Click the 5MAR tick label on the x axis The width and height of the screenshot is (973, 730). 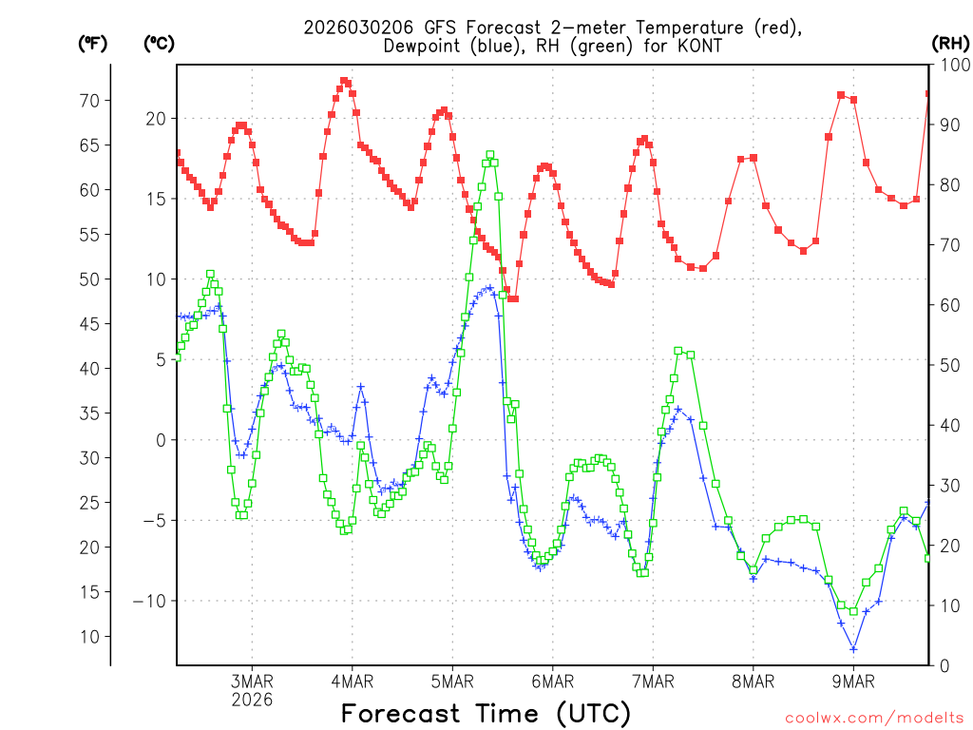(452, 681)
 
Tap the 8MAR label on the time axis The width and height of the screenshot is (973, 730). (754, 681)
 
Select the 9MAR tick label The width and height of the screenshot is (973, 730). (853, 681)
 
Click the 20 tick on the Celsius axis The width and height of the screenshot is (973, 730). (155, 118)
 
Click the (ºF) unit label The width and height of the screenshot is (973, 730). (92, 43)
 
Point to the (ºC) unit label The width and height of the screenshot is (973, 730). (159, 43)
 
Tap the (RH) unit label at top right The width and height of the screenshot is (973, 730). (949, 43)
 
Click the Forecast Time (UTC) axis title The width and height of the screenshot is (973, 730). (486, 713)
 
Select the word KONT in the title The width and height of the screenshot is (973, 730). (696, 46)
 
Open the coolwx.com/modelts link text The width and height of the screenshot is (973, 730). (874, 718)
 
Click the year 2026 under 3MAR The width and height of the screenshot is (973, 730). (252, 699)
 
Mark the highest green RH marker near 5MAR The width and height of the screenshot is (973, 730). (490, 155)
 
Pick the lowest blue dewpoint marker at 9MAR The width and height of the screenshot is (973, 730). (853, 649)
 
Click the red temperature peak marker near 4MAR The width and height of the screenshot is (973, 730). (344, 82)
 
